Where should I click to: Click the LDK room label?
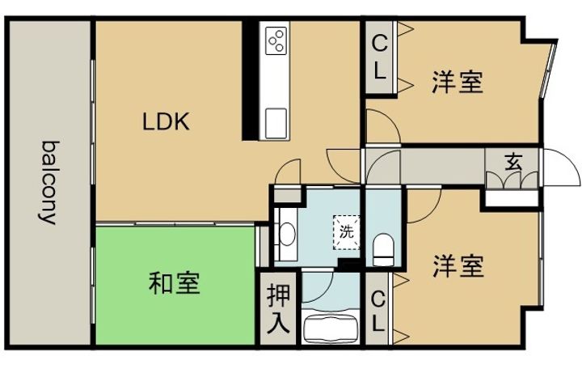click(166, 121)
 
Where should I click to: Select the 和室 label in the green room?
click(174, 283)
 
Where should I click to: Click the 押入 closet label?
click(278, 309)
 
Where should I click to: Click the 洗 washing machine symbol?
click(347, 232)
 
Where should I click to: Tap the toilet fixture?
click(383, 249)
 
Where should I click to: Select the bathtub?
click(331, 328)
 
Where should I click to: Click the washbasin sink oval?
click(287, 234)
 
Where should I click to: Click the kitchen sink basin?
click(276, 123)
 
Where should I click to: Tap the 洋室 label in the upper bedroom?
click(458, 82)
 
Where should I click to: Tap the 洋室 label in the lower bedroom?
click(458, 266)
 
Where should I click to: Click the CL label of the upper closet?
click(379, 57)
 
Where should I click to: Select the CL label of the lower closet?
click(377, 311)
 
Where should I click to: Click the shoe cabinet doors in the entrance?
click(512, 180)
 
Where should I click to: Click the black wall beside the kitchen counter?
click(250, 80)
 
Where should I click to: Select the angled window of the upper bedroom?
click(547, 70)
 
